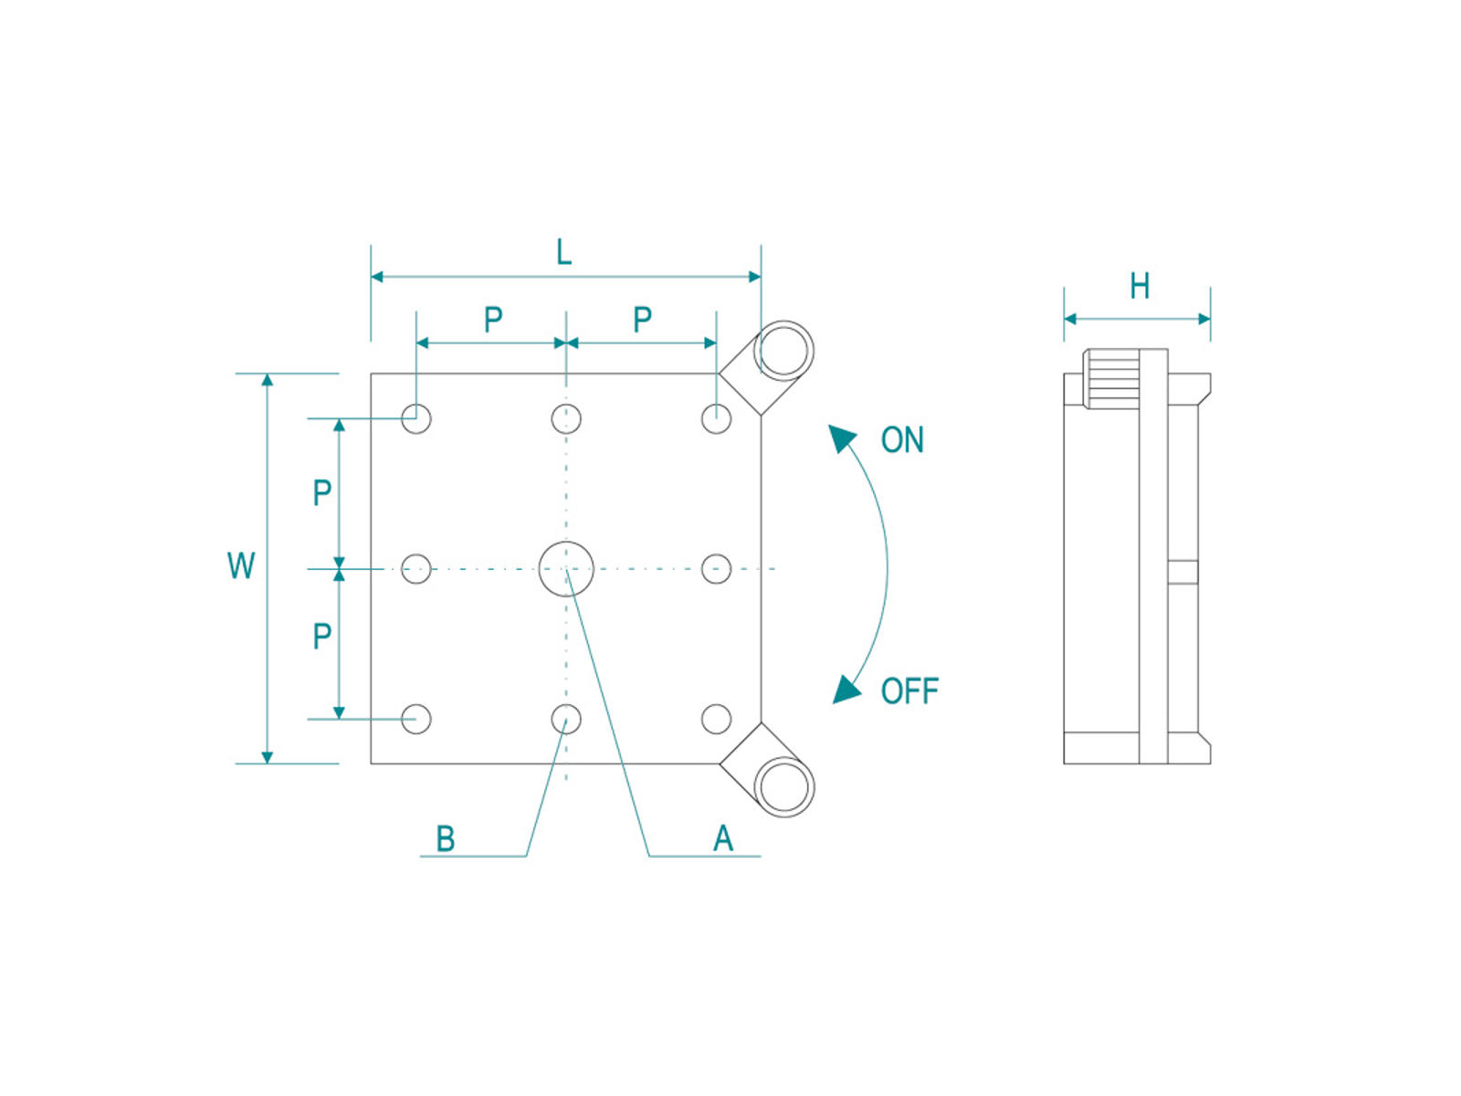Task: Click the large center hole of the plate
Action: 566,568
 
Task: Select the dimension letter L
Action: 563,252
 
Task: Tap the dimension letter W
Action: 241,565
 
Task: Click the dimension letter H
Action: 1139,286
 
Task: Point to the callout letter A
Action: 722,838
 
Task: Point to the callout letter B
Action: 446,838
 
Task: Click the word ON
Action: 902,440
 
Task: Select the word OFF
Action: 909,691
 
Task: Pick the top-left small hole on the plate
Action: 416,418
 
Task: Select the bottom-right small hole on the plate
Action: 716,719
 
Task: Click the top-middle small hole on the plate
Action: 566,418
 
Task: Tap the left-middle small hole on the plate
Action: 416,568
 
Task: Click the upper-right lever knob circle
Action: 783,352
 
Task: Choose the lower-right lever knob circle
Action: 783,786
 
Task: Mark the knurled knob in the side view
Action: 1111,380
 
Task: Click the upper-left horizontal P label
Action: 493,320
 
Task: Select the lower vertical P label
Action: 321,636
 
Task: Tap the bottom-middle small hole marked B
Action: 566,719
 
